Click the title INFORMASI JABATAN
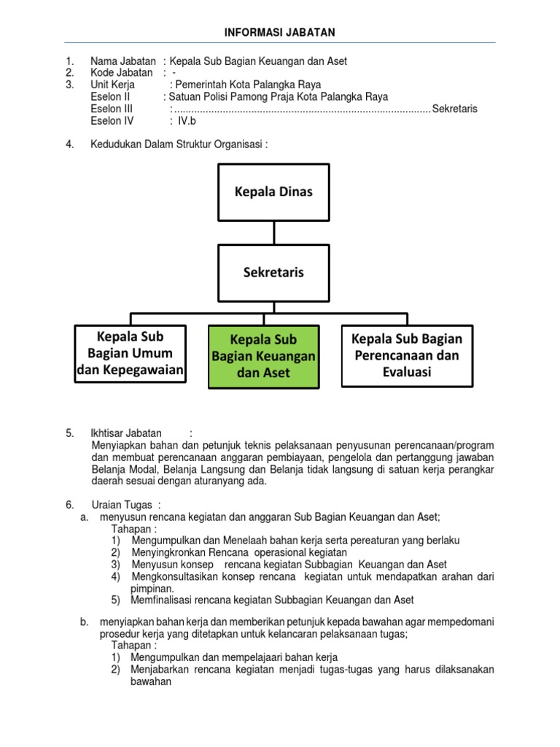(x=280, y=33)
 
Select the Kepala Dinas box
(x=273, y=192)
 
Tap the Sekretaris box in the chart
(x=273, y=272)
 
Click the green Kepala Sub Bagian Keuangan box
(x=263, y=356)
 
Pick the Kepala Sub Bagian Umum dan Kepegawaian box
(x=131, y=355)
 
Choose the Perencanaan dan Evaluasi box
(x=407, y=355)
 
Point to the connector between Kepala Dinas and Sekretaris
(x=273, y=232)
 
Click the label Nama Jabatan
(x=122, y=61)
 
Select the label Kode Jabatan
(x=121, y=73)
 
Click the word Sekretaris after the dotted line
(x=454, y=109)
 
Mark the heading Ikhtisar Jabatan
(x=126, y=433)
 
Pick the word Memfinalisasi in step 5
(x=160, y=600)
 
